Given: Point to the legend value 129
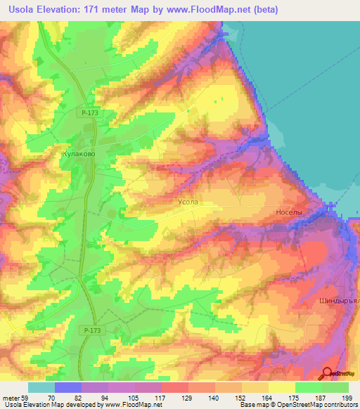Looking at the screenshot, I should coord(188,397).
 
